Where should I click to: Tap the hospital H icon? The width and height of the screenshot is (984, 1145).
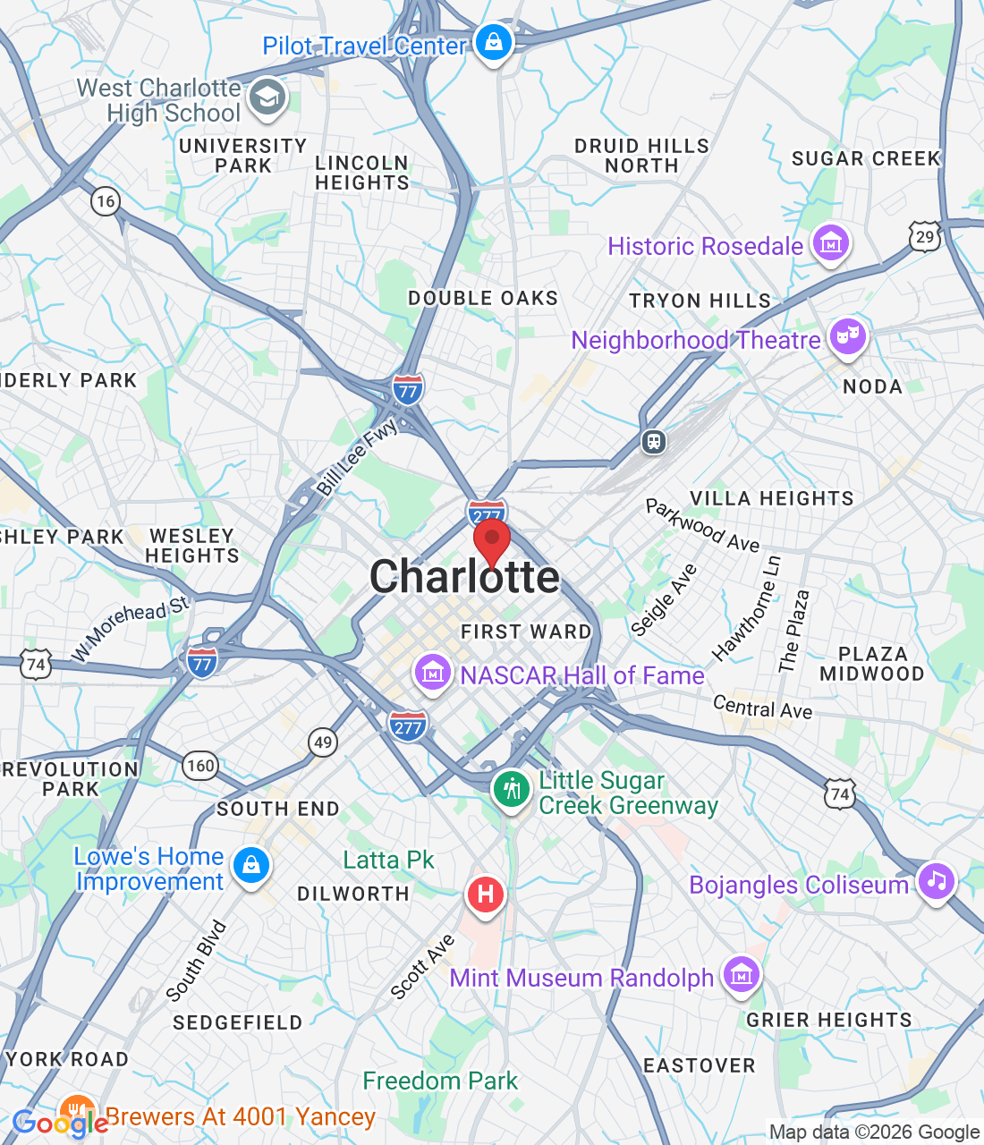485,894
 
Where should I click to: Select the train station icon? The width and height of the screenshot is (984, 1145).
654,441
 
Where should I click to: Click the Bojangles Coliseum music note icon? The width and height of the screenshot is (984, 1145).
936,881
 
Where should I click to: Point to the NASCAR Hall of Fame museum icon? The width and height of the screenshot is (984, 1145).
433,671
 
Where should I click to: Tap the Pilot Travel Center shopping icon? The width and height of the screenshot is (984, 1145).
493,42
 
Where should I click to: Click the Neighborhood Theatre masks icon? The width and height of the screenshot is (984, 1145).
846,337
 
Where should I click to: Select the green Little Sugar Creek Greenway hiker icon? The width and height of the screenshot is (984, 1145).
512,790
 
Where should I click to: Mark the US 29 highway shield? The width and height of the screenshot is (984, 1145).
925,237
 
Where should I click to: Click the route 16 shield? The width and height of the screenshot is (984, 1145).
106,200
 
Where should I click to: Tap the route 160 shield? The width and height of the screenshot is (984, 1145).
200,765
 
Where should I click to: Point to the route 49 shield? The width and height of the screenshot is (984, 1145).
323,741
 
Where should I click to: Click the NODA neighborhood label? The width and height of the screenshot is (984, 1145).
872,386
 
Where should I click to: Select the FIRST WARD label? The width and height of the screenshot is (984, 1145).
526,632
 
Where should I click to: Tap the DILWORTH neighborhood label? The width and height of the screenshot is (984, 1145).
352,894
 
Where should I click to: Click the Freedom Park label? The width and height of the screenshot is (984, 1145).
440,1081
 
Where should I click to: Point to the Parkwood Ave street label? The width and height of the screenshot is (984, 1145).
702,526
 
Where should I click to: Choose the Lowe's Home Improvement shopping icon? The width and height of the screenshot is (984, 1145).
251,866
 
